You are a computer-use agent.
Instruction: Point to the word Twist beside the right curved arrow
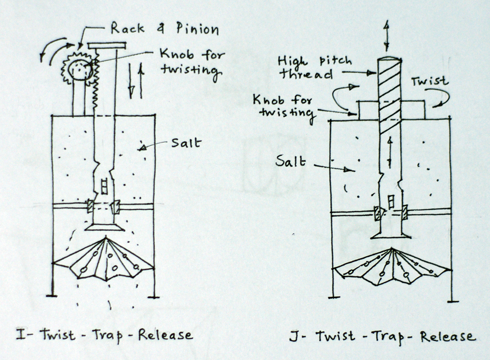[x=430, y=81]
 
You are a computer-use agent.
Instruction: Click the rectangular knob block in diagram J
[x=414, y=110]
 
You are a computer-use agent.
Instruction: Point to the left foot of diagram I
[x=52, y=295]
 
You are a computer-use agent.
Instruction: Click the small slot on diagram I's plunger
[x=103, y=186]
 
